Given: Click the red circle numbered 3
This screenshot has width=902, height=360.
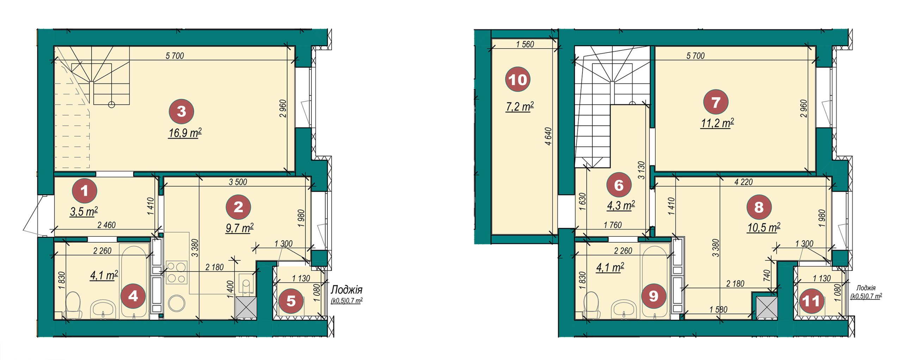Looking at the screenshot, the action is [181, 112].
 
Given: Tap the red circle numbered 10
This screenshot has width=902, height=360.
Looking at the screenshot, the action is [518, 80].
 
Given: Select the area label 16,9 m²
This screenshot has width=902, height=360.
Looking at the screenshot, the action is [185, 133].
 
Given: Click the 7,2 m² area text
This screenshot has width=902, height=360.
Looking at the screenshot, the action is [520, 106].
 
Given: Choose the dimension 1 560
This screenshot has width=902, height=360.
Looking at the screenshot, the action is [525, 44].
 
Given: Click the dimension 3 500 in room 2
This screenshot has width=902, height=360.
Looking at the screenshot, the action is [238, 182].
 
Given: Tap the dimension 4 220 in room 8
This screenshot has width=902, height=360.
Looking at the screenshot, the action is [743, 182].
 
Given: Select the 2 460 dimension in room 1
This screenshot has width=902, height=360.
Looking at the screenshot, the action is [106, 225].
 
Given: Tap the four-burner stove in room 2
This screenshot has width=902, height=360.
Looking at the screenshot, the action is [176, 272].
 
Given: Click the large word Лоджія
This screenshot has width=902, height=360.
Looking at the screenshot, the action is [346, 290].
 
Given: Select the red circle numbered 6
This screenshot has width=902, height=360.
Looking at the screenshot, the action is [619, 185].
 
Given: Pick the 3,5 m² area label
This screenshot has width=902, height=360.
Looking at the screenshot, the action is [84, 212].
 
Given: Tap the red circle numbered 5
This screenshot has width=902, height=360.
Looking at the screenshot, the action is [291, 302].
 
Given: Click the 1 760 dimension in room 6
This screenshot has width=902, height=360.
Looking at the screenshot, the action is [612, 225].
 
